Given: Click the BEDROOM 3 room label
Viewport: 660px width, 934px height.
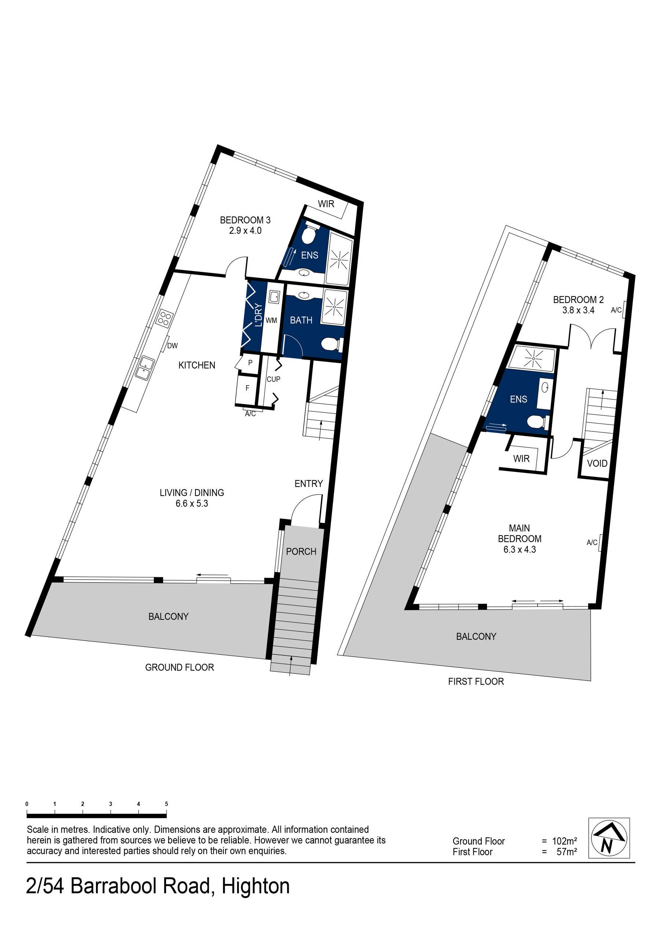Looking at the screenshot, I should [245, 220].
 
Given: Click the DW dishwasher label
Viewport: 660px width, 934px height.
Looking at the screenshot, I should [172, 346].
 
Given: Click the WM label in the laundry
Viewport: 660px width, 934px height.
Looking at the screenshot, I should [271, 321].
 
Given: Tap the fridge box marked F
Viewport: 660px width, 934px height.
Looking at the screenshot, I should [247, 388].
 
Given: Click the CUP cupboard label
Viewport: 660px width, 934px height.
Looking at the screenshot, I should [273, 379].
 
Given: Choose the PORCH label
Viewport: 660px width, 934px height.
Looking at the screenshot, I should [301, 552].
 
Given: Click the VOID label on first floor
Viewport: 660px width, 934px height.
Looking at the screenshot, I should [597, 463].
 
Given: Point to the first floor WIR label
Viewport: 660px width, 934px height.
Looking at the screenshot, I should [521, 459].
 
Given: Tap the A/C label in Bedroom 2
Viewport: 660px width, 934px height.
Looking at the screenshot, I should [616, 310].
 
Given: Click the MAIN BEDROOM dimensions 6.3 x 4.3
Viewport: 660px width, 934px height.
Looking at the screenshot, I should [520, 550].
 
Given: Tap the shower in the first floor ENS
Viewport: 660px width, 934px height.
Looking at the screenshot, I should [532, 359].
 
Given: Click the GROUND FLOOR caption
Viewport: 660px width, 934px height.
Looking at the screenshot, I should [179, 667].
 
